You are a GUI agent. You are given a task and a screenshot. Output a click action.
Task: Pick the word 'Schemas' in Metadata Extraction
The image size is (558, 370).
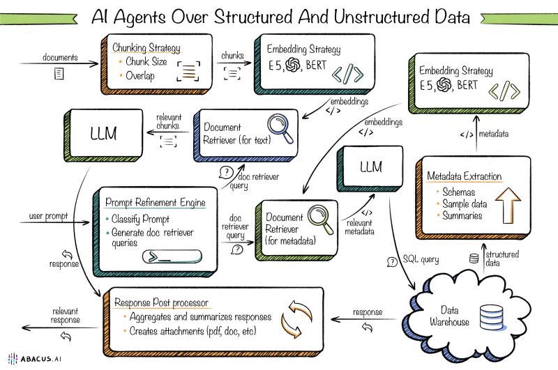tap(460, 191)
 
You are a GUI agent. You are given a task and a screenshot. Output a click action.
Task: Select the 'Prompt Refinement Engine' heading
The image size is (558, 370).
tap(156, 203)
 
